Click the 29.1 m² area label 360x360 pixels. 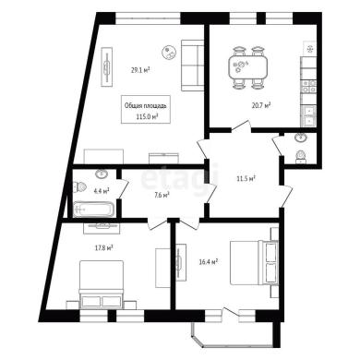tap(140, 70)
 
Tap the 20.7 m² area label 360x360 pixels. tap(261, 105)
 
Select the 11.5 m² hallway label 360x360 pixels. tap(247, 178)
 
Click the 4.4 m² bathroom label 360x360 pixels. tap(102, 191)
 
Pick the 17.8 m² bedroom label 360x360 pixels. tap(103, 247)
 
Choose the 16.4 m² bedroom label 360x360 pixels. tap(209, 262)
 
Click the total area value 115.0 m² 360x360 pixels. tap(147, 116)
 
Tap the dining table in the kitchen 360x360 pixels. tap(247, 66)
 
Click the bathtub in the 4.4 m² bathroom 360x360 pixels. tap(94, 210)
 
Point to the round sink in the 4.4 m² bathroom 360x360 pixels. tap(102, 174)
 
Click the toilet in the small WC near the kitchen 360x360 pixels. tap(300, 157)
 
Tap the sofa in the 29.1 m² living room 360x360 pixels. tap(192, 66)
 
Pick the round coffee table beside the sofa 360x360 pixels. tap(169, 52)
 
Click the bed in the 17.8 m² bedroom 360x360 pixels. tap(102, 284)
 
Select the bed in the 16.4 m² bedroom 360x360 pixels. tap(254, 262)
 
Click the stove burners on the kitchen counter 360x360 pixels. tap(308, 86)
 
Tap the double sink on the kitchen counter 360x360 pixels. tap(308, 115)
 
